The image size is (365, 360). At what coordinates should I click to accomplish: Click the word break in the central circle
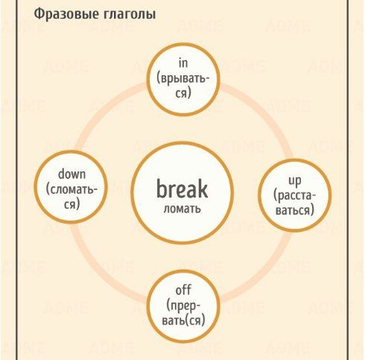point(182,189)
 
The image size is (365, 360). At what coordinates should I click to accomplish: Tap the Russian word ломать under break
point(182,209)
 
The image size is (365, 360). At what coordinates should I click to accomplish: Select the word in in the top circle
point(183,63)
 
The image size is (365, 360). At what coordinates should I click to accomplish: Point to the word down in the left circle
point(72,174)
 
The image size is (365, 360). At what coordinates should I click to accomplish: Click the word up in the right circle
point(295,181)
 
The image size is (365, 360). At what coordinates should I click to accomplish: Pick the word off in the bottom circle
point(183,290)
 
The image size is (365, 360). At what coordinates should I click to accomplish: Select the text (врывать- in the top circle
point(183,79)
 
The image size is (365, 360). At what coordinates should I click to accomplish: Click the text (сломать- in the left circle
point(72,190)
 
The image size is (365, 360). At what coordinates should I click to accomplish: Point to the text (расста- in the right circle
point(295,196)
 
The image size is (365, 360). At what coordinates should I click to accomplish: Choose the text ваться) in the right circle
point(295,211)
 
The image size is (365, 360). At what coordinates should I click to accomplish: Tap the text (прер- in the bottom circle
point(183,306)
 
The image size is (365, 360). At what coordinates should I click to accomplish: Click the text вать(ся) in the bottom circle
point(183,320)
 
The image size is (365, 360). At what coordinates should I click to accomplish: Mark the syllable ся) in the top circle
point(183,94)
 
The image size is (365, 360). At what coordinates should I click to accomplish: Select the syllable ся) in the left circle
point(72,205)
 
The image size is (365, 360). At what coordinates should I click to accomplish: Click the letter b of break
point(162,189)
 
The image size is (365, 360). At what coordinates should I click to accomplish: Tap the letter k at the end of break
point(203,189)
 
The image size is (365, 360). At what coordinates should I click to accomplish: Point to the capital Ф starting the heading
point(39,14)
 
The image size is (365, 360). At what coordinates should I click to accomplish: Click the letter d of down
point(61,174)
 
